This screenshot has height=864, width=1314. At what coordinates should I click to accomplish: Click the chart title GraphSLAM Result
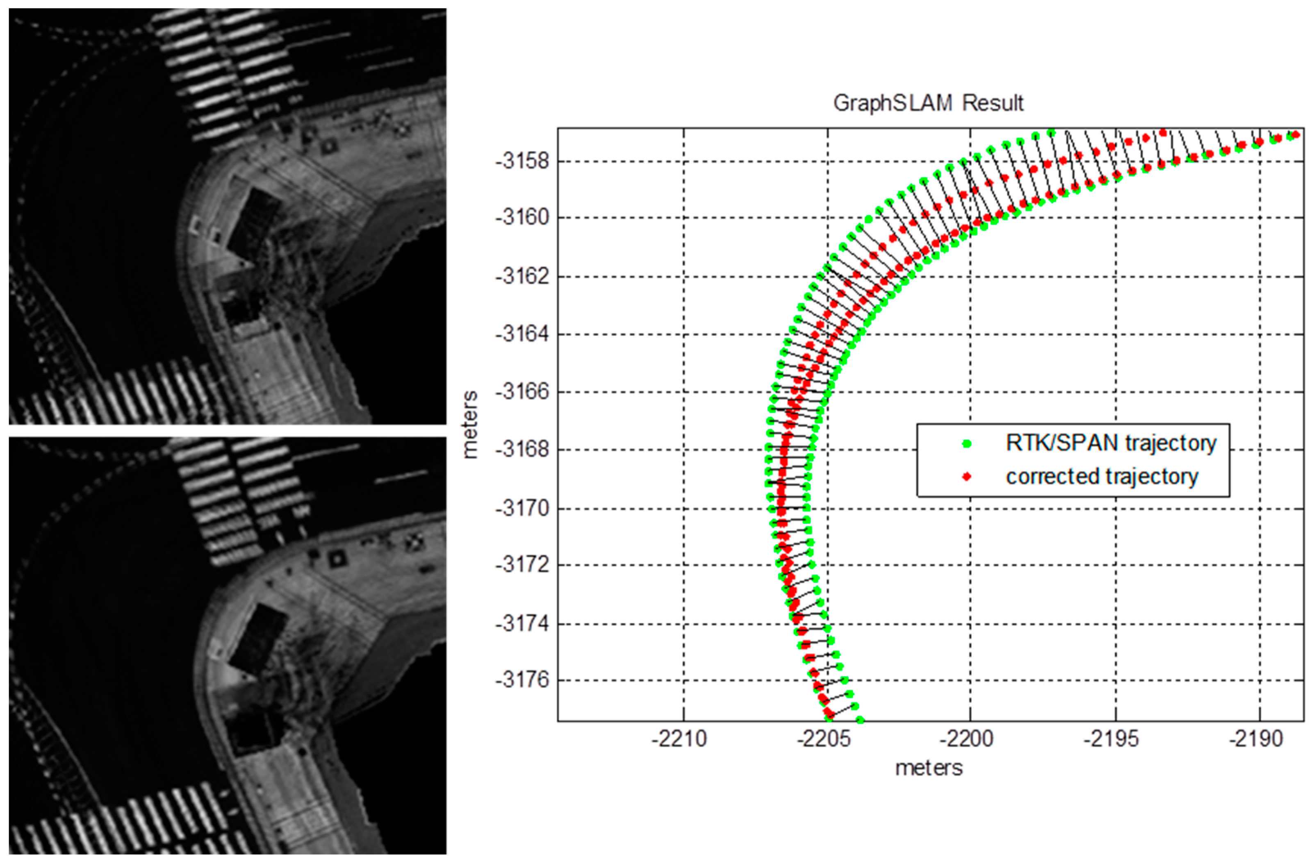(928, 103)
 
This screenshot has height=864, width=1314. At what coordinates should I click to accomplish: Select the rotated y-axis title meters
(470, 425)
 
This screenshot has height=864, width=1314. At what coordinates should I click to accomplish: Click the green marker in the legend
(966, 443)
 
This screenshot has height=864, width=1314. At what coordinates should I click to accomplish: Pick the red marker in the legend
(966, 476)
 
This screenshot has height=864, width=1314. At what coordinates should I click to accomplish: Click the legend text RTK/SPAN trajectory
(1111, 443)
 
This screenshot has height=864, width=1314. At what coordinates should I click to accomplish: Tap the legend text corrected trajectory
(1102, 476)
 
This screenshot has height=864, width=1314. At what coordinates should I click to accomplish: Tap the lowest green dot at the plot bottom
(860, 720)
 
